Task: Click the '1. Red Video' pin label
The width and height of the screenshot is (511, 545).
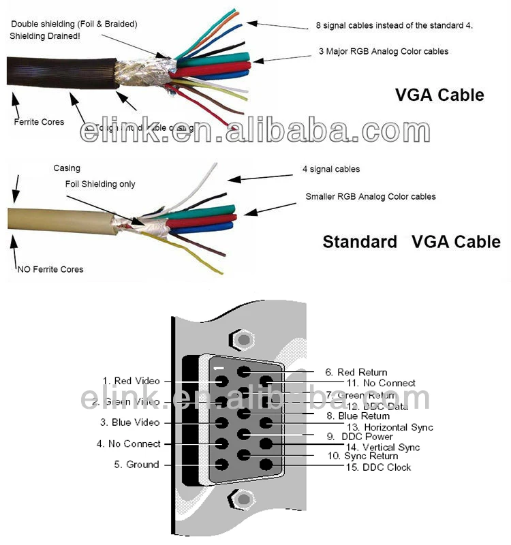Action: [x=131, y=381]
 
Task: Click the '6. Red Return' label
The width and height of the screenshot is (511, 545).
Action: [x=356, y=372]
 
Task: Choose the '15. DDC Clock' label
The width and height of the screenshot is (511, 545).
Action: [x=379, y=467]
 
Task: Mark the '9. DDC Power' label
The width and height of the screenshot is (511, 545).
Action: [x=359, y=437]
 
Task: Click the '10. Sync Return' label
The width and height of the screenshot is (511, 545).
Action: [x=362, y=456]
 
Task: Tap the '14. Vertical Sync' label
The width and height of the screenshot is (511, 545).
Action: [x=382, y=447]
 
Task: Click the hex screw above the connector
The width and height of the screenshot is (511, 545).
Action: [x=241, y=339]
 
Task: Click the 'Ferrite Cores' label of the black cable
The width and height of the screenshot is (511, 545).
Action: [x=39, y=122]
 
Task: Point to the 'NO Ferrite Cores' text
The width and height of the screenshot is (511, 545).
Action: [x=49, y=269]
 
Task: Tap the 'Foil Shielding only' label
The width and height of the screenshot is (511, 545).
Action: [x=100, y=184]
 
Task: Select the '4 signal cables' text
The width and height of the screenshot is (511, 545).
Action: [x=331, y=169]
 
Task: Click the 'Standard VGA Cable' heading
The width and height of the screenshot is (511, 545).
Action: [x=411, y=242]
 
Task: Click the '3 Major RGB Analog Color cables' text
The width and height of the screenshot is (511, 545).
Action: [x=383, y=51]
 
